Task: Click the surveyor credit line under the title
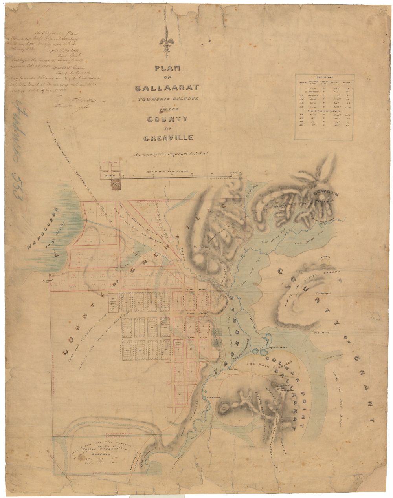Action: click(x=168, y=155)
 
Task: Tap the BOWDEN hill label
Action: click(x=326, y=192)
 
